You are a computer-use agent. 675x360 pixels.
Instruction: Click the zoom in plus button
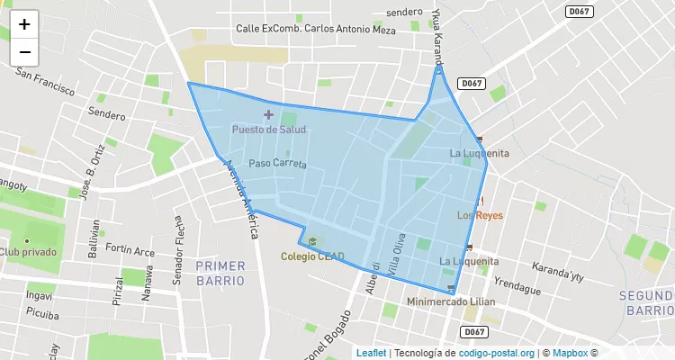coord(24,24)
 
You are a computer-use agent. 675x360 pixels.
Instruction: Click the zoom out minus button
coord(24,52)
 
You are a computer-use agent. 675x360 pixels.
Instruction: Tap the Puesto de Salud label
coord(268,130)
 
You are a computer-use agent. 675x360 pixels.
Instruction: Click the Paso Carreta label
coord(278,164)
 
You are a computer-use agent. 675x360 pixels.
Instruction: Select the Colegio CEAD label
coord(312,256)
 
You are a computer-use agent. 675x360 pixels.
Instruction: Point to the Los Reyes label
coord(479,216)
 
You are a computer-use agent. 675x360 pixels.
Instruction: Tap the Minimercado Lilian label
coord(451,301)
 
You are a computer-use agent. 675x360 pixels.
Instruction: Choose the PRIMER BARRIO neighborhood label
coord(220,273)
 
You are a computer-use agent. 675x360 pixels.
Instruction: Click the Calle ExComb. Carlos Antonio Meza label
coord(315,29)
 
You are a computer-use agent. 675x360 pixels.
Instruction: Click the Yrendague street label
coord(517,289)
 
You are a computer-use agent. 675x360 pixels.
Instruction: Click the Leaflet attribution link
coord(371,353)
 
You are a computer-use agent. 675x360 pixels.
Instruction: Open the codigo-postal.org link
coord(497,353)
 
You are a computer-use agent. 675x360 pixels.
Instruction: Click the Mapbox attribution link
coord(569,353)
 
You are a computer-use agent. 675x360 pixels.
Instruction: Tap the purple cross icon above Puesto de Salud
coord(268,114)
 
